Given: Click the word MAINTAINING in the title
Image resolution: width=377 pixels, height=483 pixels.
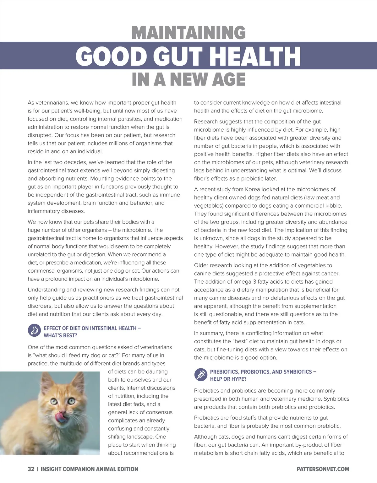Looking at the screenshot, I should point(188,33).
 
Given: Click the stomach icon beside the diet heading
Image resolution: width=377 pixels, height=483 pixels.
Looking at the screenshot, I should point(34,330).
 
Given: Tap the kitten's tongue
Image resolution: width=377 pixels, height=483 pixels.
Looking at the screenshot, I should point(63,418).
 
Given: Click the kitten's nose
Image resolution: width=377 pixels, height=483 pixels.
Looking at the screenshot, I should point(62,412).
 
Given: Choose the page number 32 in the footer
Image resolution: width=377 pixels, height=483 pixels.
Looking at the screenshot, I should point(31,469).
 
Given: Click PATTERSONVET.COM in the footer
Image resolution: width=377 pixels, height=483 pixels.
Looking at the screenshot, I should point(323,469).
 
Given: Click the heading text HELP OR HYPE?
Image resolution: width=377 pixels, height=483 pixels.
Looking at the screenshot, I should point(228,379).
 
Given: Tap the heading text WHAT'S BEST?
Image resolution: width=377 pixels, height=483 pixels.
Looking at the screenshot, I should point(60,335).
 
